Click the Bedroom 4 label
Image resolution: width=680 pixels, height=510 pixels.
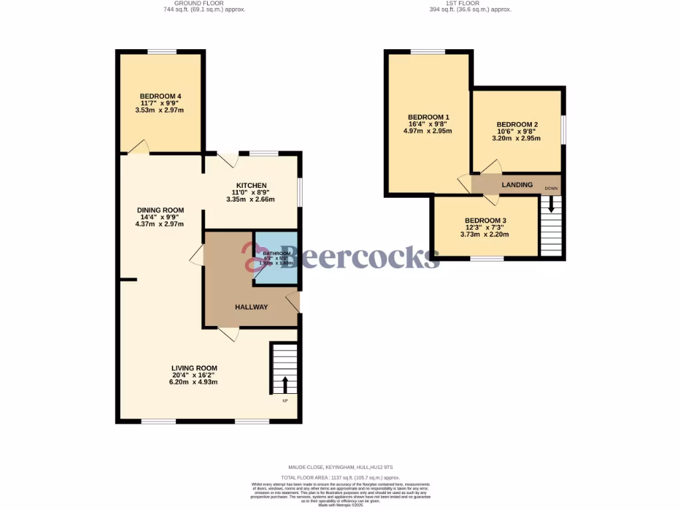click(160, 96)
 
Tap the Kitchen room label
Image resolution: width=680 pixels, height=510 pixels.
click(251, 185)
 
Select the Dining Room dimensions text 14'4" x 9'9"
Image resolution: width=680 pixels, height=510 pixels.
click(159, 217)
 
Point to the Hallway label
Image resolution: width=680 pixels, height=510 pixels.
click(251, 307)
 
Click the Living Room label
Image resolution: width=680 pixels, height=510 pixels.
click(194, 368)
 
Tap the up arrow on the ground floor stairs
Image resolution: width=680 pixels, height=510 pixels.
click(285, 384)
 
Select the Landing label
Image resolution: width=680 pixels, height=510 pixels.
click(517, 185)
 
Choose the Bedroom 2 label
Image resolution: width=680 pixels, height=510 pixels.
click(517, 124)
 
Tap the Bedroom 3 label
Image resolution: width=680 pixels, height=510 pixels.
click(485, 220)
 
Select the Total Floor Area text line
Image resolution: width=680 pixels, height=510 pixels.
click(340, 477)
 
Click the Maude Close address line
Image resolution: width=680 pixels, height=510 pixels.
click(340, 467)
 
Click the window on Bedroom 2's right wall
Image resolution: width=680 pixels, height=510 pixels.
click(564, 129)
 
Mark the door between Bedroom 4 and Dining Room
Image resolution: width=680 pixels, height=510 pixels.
click(137, 148)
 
